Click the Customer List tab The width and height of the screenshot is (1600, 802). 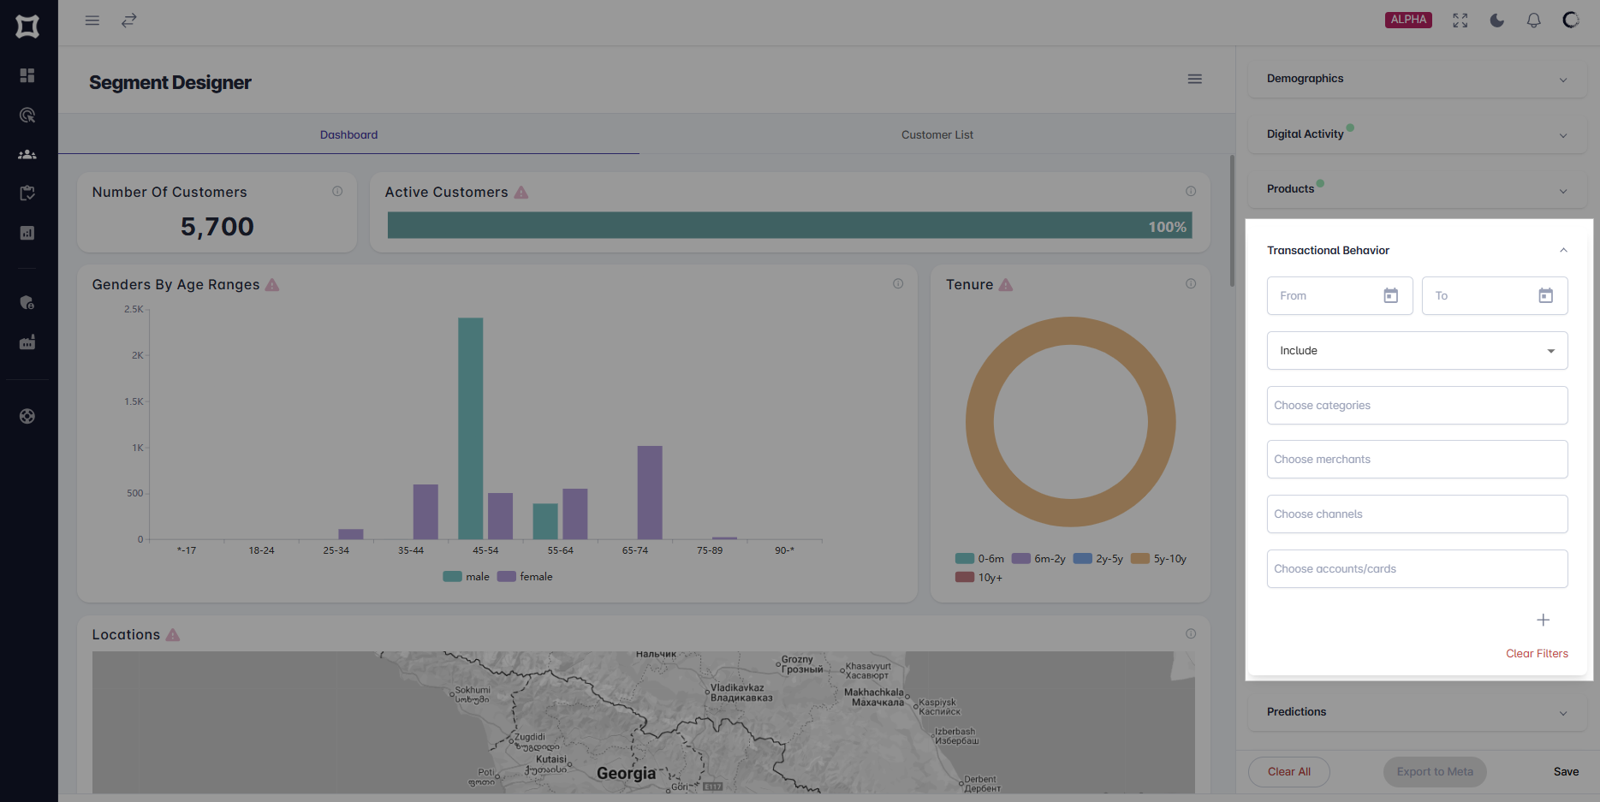937,134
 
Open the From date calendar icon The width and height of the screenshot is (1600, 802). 1390,295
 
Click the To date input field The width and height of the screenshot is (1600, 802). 1481,295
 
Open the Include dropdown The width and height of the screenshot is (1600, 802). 1417,351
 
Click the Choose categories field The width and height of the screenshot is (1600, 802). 1417,406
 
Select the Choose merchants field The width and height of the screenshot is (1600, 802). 1417,460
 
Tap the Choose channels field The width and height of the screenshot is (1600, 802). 1417,514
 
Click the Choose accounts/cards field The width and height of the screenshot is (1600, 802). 1417,569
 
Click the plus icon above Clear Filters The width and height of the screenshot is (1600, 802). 1543,620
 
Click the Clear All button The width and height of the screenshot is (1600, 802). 1288,771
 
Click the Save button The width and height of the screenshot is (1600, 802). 1566,771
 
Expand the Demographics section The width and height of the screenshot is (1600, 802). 1417,79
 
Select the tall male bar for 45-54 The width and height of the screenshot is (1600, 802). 470,428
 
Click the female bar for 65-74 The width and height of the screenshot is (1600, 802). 650,492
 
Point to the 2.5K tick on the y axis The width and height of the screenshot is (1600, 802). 134,309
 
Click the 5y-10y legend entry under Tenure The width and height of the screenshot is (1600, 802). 1159,559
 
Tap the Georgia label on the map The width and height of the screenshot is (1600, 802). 626,773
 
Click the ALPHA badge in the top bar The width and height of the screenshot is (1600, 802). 1408,20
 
